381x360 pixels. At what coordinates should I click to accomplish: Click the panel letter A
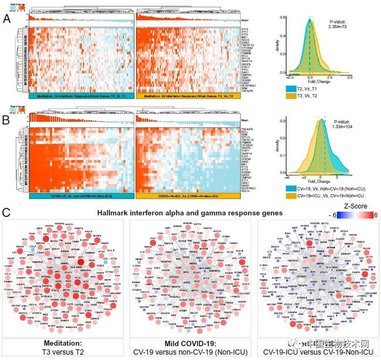[7, 19]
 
